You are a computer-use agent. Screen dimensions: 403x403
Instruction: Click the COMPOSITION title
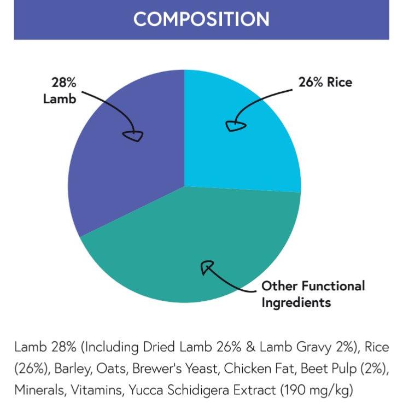coord(201,19)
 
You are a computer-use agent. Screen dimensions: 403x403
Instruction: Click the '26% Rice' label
coord(325,83)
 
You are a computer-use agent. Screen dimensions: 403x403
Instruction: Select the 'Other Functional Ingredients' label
coord(312,294)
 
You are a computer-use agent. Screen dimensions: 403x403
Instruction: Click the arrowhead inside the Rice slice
coord(235,126)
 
